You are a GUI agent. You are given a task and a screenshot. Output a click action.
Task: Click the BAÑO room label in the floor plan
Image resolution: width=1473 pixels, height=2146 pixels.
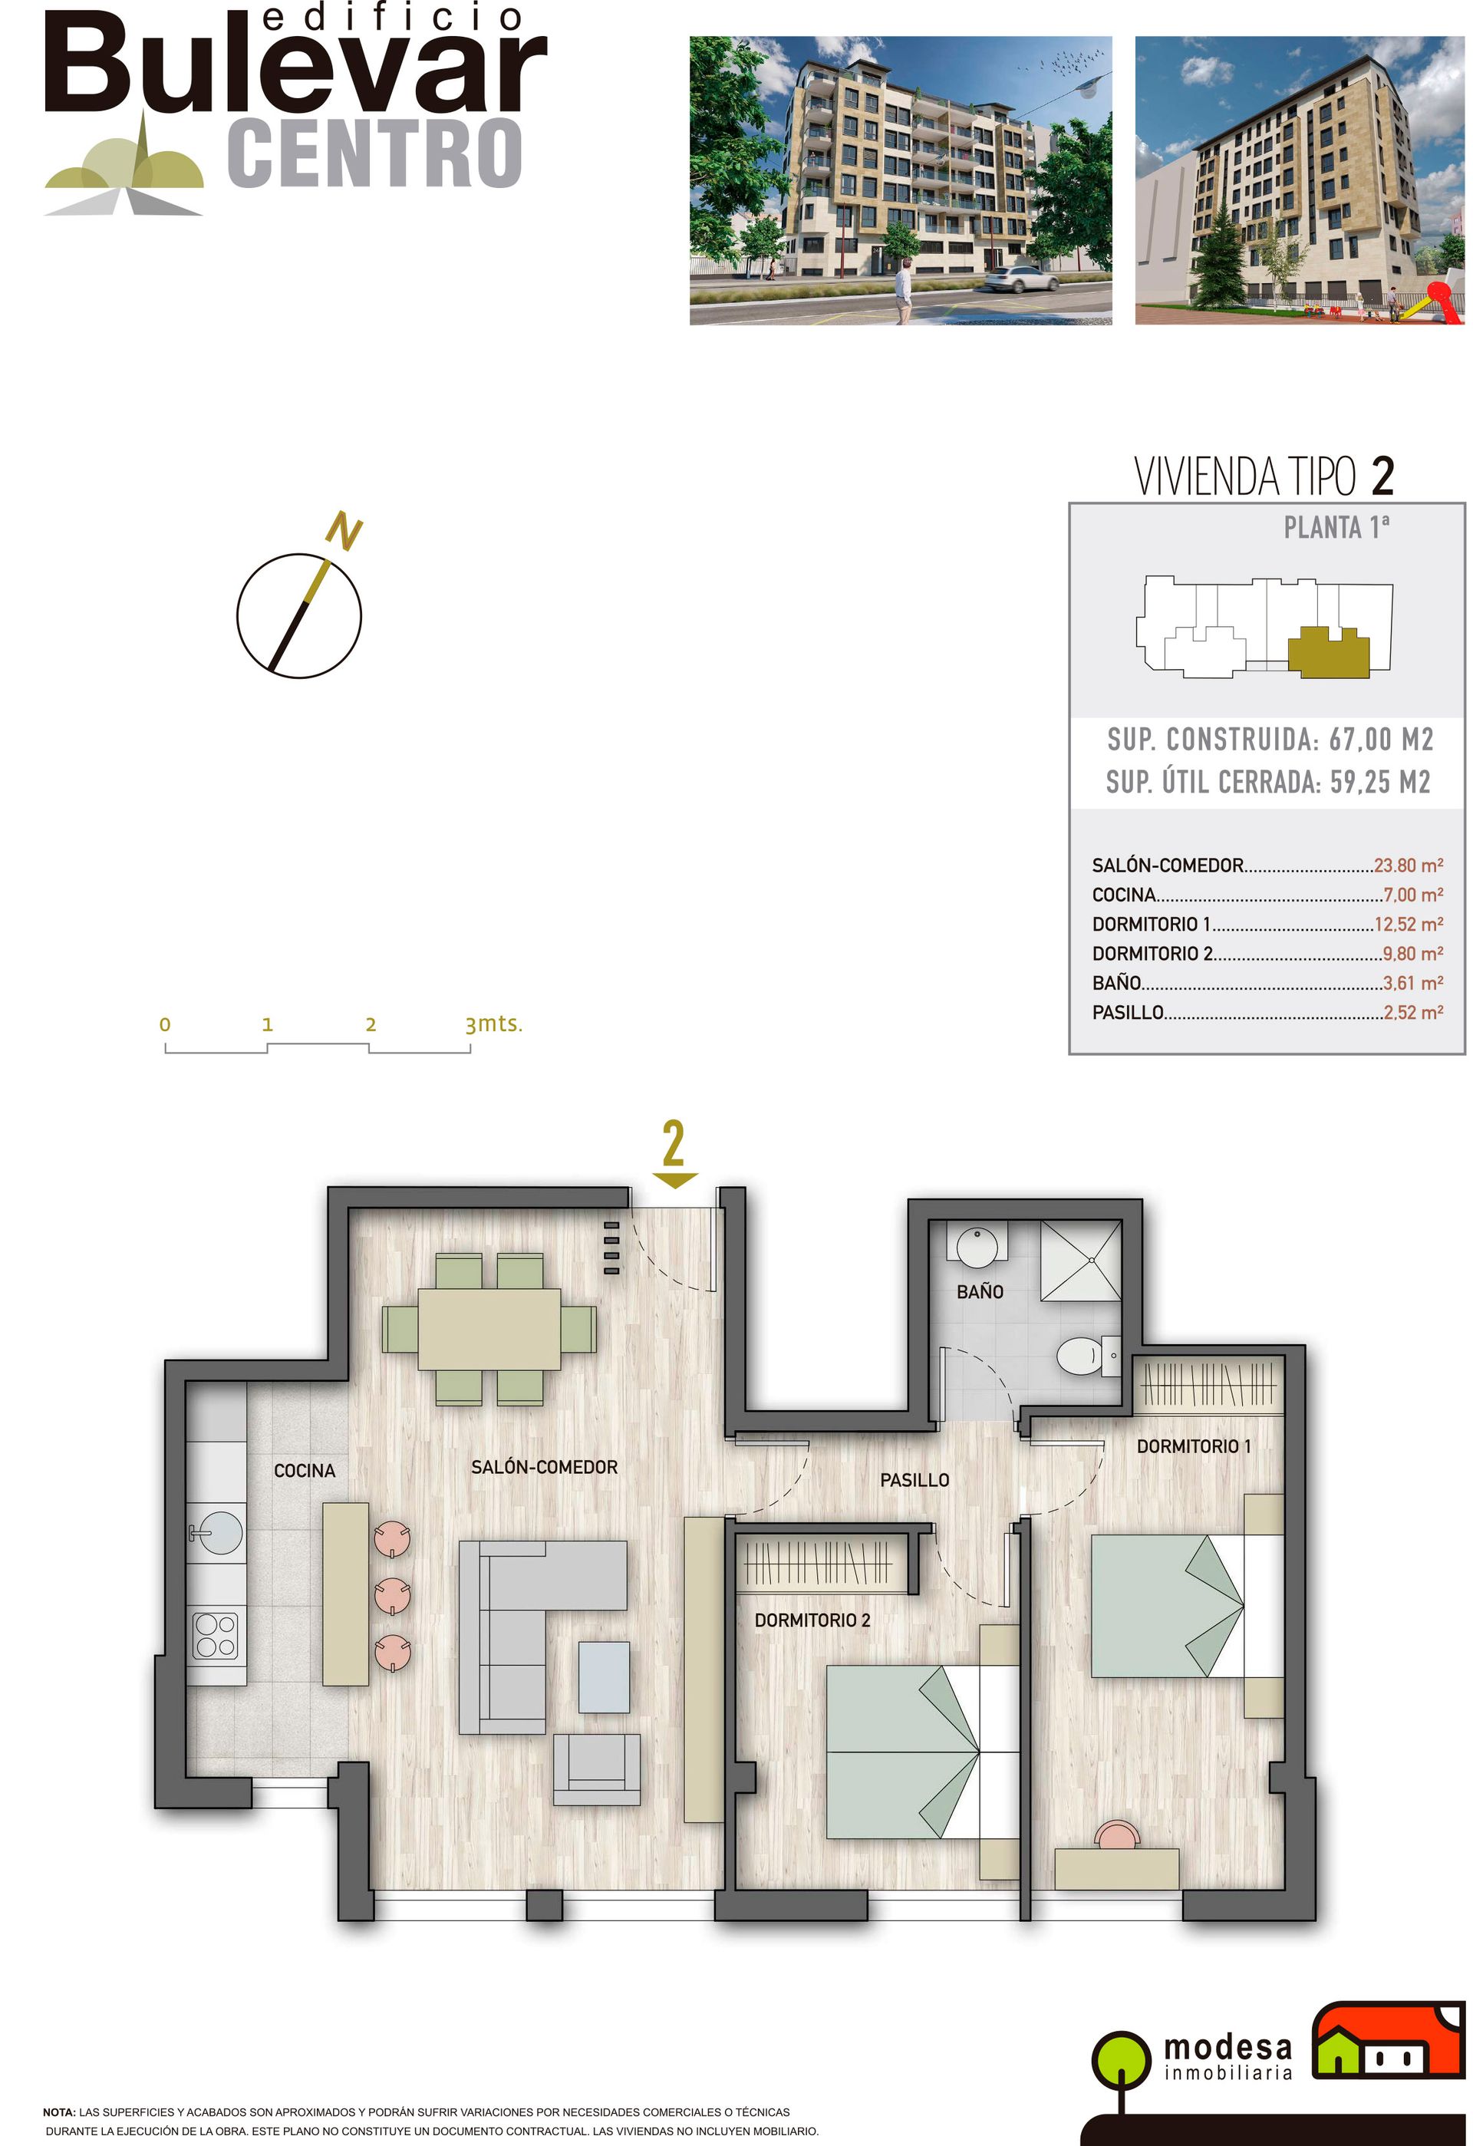pos(980,1291)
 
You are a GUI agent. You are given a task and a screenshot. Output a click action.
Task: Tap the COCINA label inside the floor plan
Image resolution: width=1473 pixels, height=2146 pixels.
pos(305,1470)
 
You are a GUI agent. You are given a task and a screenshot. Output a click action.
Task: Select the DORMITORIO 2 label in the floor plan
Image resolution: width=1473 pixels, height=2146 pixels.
pos(812,1620)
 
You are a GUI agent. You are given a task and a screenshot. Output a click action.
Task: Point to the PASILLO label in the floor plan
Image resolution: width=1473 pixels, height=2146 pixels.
pos(914,1480)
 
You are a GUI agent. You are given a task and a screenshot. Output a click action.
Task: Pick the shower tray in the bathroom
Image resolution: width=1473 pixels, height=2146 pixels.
pos(1082,1260)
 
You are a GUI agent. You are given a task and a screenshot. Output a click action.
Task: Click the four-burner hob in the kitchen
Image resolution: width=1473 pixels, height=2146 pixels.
pos(215,1635)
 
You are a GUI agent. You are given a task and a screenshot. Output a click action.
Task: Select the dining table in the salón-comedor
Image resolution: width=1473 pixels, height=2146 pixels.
pos(489,1330)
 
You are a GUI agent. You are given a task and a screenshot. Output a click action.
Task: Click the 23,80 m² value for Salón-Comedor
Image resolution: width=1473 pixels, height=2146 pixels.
pos(1409,865)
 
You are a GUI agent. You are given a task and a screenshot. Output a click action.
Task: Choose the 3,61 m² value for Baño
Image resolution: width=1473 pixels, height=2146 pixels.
pos(1413,983)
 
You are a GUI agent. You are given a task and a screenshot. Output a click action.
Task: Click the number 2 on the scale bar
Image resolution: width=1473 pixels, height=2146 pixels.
pos(371,1024)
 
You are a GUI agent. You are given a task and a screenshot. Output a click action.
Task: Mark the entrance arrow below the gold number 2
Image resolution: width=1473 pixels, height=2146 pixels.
pos(674,1180)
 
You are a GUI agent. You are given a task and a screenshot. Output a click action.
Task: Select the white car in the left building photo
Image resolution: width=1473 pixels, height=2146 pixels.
pos(1021,278)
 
